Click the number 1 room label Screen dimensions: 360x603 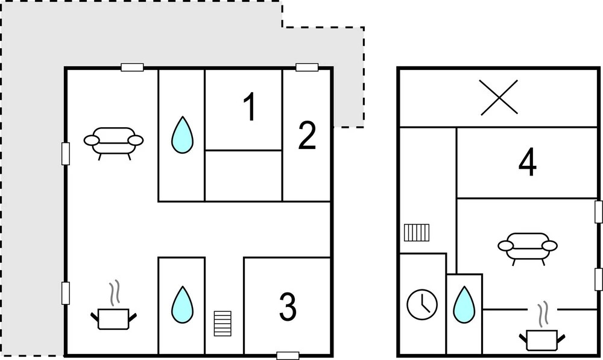[x=249, y=109]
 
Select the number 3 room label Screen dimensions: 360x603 [x=288, y=306]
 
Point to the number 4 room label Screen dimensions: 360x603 [x=528, y=163]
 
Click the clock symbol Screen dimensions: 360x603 [x=422, y=304]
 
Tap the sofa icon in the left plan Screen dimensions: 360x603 [x=113, y=142]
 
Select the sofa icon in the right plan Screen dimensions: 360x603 [x=528, y=247]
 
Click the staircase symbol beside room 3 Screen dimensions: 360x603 [x=223, y=324]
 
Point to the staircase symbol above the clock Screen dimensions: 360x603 [x=416, y=232]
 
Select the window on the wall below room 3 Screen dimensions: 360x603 [x=288, y=355]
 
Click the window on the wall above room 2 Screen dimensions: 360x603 [x=307, y=68]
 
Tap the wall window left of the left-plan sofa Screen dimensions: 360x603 [x=66, y=153]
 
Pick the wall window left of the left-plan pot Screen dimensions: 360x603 [x=66, y=293]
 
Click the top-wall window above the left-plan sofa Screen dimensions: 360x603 [x=132, y=68]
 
